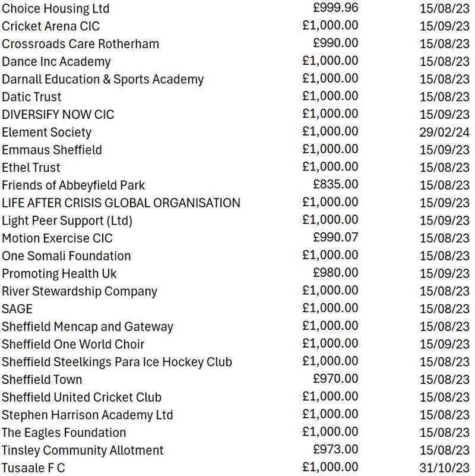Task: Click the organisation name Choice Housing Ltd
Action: click(56, 9)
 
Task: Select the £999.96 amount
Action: click(335, 8)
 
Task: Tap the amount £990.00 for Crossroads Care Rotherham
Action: click(335, 43)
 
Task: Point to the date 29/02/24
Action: click(444, 132)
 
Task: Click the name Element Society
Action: click(46, 133)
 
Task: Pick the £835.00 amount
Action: click(335, 185)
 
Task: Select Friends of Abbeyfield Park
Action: click(74, 185)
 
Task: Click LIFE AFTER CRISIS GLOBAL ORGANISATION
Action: click(121, 203)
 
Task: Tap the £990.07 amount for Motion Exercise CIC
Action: click(335, 238)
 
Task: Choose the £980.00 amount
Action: click(335, 273)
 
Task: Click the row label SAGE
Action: click(17, 309)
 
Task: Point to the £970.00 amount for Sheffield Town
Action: click(335, 379)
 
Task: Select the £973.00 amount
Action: click(335, 450)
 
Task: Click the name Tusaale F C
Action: click(33, 468)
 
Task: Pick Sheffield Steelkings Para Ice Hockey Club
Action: click(117, 362)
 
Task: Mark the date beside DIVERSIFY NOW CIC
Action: click(444, 115)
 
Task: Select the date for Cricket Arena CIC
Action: click(444, 26)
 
